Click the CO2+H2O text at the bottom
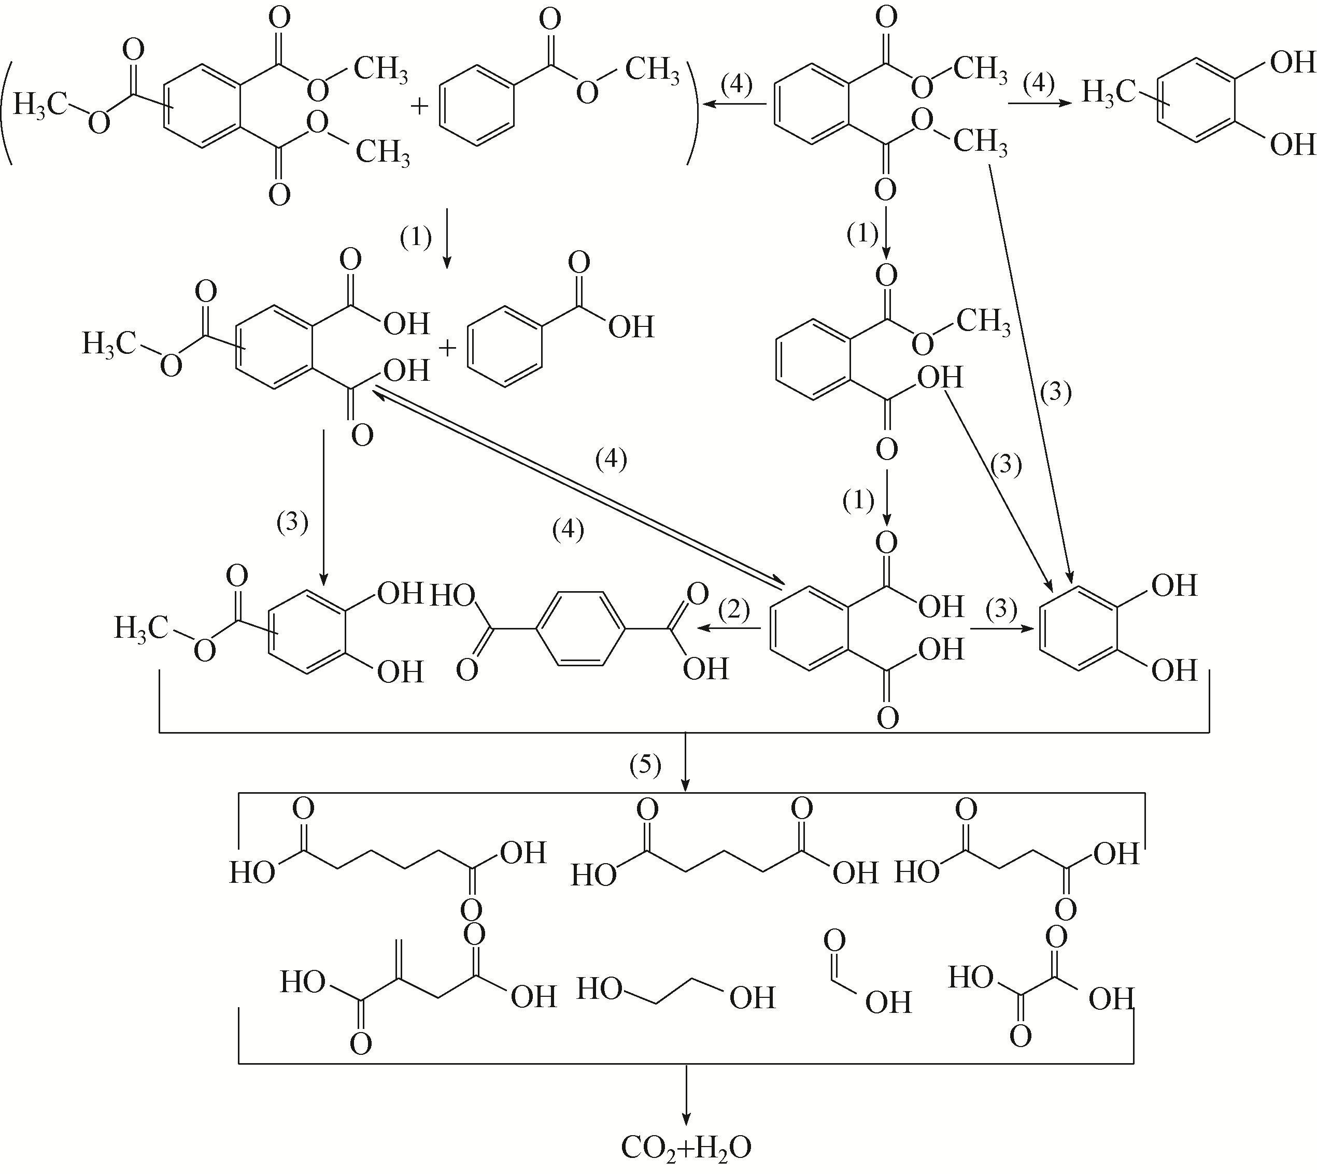[685, 1148]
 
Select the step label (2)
[735, 609]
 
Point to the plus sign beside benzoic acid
[447, 348]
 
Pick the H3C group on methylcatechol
[1107, 92]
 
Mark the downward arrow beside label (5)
[685, 761]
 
